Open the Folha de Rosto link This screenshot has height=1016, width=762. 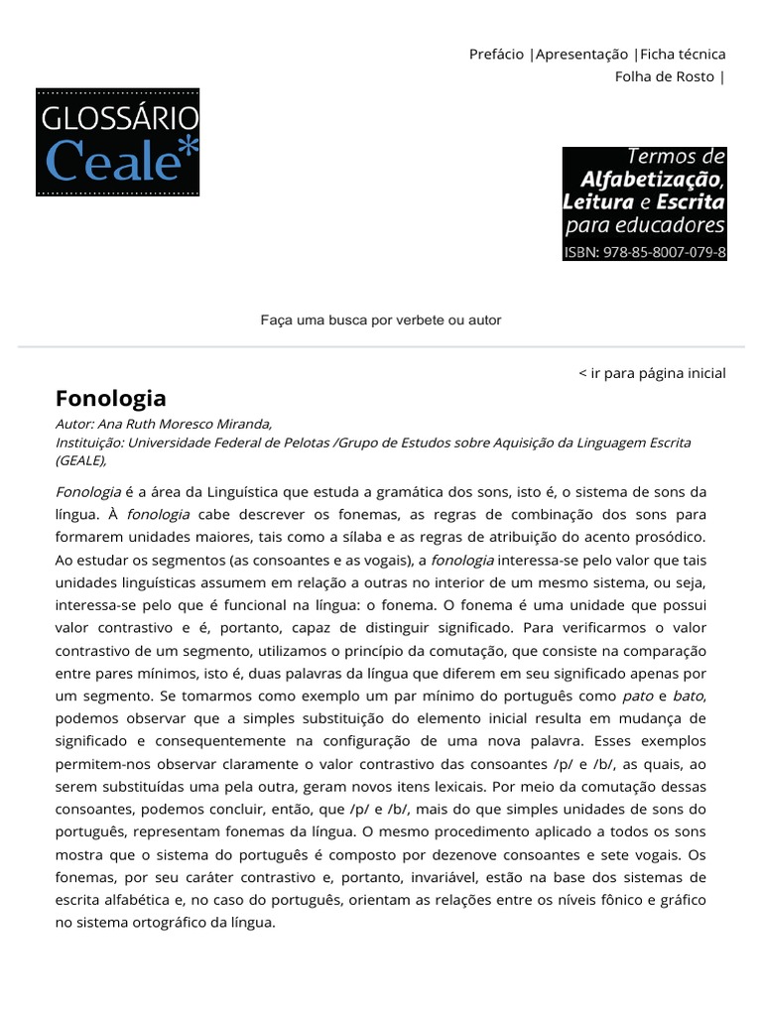665,76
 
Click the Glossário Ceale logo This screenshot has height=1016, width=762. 118,142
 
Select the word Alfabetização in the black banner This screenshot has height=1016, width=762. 653,180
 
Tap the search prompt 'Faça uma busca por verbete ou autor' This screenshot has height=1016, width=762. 381,320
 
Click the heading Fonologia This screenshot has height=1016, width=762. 110,399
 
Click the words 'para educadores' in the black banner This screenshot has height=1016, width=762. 645,226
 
